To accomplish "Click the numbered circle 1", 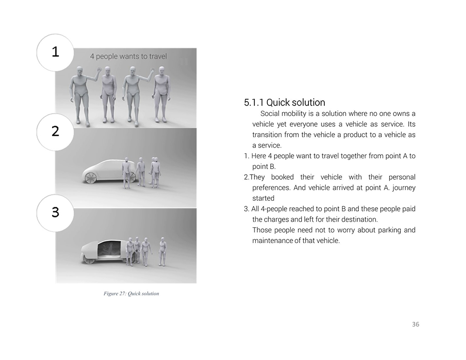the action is pos(55,53).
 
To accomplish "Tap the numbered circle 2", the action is pos(55,132).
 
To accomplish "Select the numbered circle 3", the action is pos(55,213).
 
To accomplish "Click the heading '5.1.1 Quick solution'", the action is pos(284,102).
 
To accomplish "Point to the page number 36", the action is pos(416,324).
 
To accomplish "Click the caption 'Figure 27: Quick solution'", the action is pos(131,293).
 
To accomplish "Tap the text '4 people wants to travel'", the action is pos(129,56).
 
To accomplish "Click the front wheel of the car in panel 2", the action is pos(90,177).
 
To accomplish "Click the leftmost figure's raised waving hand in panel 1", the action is pos(99,70).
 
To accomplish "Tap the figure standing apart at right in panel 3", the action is pos(162,251).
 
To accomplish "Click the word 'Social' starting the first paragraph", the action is pos(269,114).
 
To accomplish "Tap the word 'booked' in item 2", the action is pos(282,177).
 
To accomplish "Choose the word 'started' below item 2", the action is pos(263,198).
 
